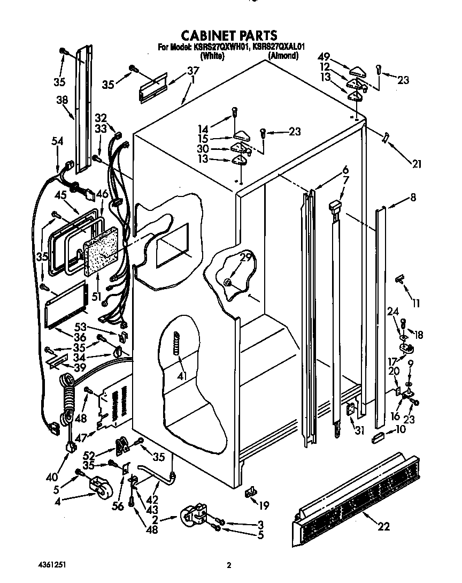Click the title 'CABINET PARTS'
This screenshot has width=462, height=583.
(229, 35)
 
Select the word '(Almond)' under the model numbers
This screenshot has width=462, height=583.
(283, 55)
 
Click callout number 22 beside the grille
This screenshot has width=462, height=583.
(383, 526)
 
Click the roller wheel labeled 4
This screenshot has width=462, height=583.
(100, 487)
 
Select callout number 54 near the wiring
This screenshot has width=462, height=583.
(57, 141)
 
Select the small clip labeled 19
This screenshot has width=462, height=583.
(250, 491)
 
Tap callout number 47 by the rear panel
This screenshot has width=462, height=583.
(80, 438)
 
